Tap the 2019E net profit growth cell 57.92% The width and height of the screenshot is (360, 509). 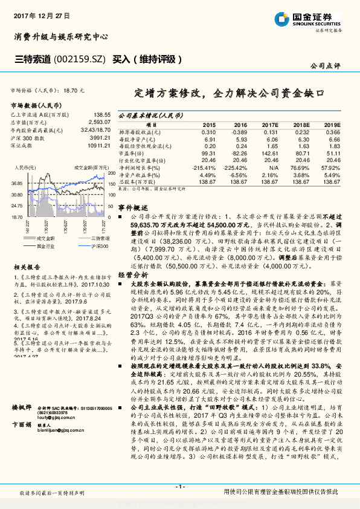coord(331,167)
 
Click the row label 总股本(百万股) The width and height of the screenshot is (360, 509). coord(140,181)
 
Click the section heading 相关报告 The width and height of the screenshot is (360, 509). coord(27,267)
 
